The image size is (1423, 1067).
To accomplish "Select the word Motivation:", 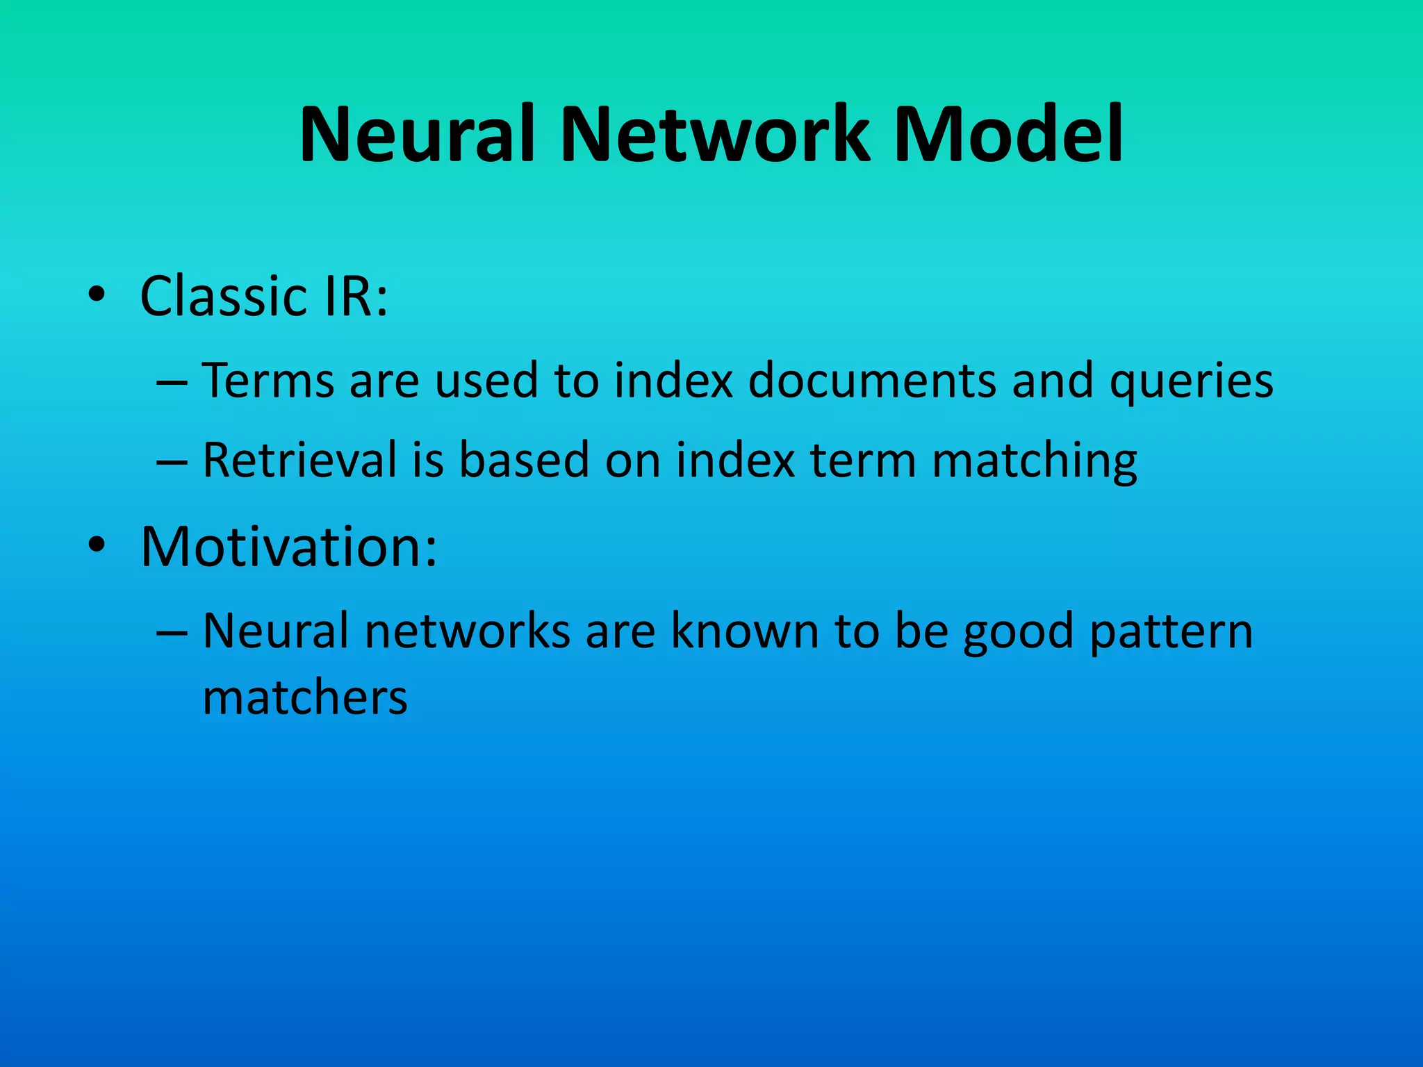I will point(288,547).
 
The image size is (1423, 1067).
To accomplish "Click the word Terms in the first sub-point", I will point(268,381).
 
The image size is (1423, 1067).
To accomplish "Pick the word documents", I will point(872,381).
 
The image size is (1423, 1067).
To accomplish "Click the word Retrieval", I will point(299,460).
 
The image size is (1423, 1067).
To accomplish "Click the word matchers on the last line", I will point(305,697).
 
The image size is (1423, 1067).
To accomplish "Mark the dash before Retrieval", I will point(171,461).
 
